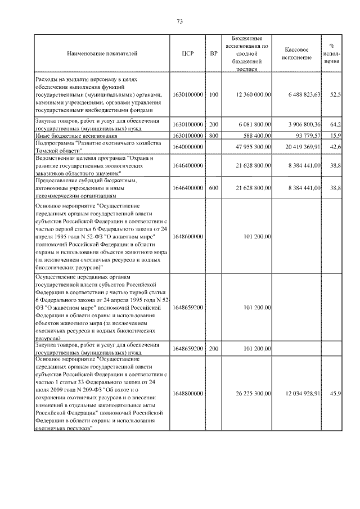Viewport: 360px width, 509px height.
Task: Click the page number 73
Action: [180, 21]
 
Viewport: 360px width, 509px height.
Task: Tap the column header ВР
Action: [213, 53]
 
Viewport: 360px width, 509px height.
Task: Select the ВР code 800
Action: [213, 136]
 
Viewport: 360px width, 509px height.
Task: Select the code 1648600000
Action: [188, 237]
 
